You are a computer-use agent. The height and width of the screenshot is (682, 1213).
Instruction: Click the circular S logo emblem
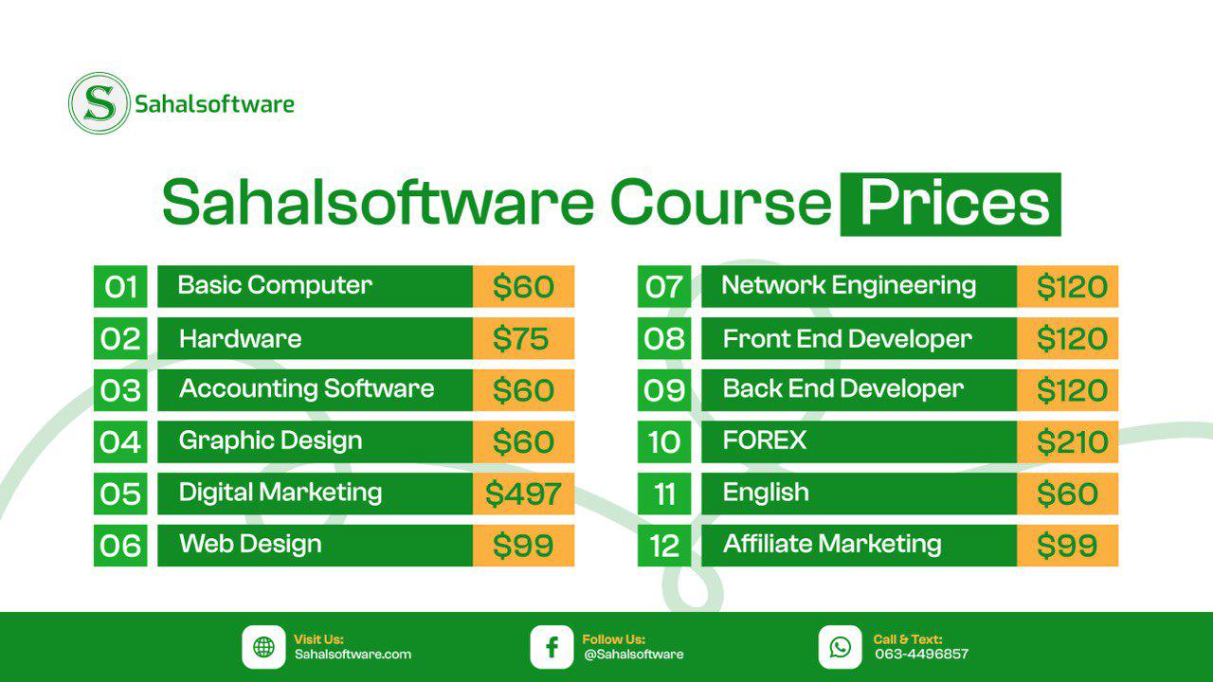(100, 103)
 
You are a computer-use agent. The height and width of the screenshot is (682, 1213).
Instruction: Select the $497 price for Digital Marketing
(523, 494)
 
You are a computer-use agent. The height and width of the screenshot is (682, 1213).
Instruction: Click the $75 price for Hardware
(520, 339)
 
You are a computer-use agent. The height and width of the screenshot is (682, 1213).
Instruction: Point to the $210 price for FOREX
(1072, 442)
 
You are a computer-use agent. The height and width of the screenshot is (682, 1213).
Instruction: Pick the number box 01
(120, 286)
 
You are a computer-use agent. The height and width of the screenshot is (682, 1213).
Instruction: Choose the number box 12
(664, 546)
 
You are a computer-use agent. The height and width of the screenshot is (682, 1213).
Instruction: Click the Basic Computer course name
(275, 285)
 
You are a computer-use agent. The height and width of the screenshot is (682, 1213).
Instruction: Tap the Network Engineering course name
(848, 286)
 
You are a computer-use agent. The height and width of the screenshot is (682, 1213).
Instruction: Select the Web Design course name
(250, 544)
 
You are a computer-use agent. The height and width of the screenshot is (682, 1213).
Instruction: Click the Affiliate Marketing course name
(832, 544)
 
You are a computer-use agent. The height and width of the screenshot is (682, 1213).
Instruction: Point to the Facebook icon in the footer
(552, 647)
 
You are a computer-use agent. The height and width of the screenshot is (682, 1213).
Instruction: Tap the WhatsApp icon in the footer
(840, 647)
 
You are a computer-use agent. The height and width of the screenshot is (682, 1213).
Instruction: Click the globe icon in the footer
(263, 647)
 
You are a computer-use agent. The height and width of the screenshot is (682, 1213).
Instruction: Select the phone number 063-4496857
(922, 654)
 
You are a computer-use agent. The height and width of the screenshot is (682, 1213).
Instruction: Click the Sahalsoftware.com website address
(353, 654)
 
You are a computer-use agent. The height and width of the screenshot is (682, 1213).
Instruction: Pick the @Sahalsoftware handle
(634, 654)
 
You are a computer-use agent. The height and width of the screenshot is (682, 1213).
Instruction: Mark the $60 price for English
(1067, 494)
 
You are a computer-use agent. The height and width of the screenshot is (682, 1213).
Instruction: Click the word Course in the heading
(721, 203)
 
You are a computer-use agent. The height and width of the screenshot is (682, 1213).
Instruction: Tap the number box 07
(664, 286)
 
